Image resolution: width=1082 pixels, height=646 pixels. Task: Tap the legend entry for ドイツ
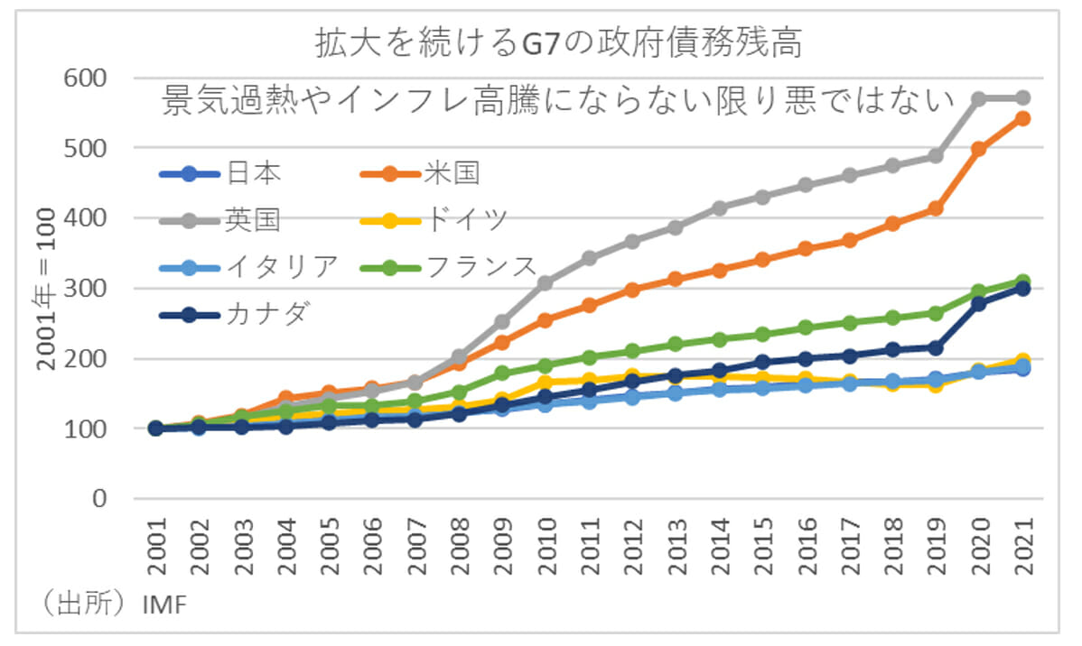point(433,219)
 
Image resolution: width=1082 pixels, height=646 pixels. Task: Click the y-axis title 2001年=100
point(46,289)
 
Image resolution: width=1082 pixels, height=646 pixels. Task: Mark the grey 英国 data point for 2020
point(978,98)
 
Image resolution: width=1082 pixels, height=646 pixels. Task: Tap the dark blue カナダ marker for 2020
point(978,304)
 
